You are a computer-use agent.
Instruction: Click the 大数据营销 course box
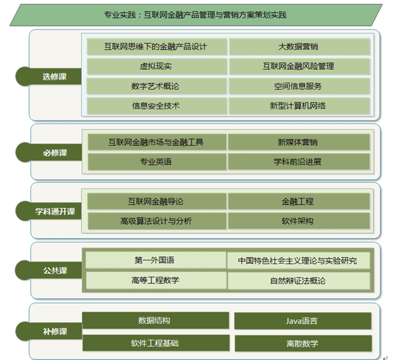[x=299, y=47]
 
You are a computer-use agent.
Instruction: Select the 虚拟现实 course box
[x=157, y=66]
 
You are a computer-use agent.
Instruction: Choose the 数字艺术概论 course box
[x=157, y=86]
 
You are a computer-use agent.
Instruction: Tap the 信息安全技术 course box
[x=157, y=106]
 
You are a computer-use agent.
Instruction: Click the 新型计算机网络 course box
[x=299, y=106]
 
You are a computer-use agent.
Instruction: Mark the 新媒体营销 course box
[x=299, y=142]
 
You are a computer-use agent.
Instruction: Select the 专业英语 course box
[x=157, y=162]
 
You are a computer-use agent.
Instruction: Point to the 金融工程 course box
[x=299, y=201]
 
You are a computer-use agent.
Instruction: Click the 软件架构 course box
[x=299, y=221]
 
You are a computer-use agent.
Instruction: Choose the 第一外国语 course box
[x=156, y=260]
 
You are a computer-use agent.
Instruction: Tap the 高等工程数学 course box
[x=156, y=280]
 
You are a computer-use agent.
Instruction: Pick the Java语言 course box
[x=303, y=321]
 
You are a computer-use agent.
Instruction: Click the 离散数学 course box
[x=303, y=344]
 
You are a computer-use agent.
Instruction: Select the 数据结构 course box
[x=155, y=321]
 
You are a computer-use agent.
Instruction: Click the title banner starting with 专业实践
[x=196, y=15]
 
